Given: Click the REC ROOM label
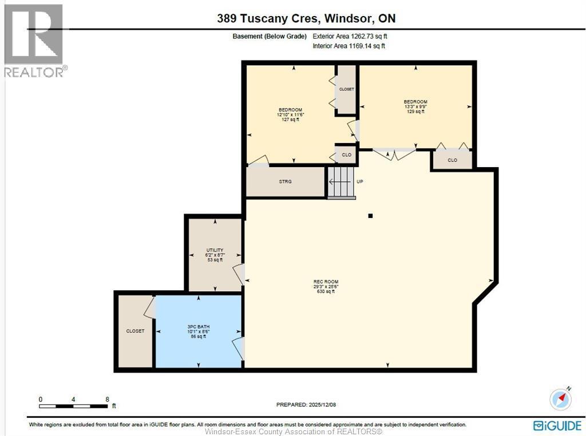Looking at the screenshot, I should (x=326, y=282).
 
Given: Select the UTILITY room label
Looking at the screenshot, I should (x=215, y=250).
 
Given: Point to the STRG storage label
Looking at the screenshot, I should (x=285, y=181).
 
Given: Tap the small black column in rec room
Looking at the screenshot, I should (x=370, y=216).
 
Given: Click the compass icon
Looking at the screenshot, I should (x=560, y=398).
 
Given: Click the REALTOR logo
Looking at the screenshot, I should (x=34, y=40).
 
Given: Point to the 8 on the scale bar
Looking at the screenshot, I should (x=107, y=399).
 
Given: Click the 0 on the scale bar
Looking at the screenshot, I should (x=41, y=399).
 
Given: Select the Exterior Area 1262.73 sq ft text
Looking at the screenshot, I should (x=354, y=36).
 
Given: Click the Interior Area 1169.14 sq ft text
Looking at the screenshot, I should (x=349, y=46).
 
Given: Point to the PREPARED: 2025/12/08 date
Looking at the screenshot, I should (x=306, y=405).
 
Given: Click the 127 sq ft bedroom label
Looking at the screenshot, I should (x=290, y=119).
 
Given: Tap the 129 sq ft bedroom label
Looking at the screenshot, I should (x=415, y=112).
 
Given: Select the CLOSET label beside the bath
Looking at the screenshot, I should (x=136, y=331).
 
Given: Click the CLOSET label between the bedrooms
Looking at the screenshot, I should (x=346, y=89).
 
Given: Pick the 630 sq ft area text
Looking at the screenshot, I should (x=326, y=291).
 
